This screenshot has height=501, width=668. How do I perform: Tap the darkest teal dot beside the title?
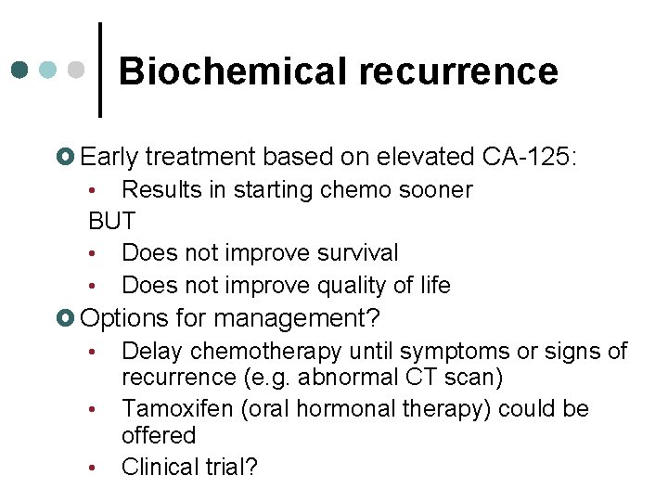point(19,71)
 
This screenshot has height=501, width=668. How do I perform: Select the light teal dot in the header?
point(49,71)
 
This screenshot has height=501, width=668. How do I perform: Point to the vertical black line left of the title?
point(100,71)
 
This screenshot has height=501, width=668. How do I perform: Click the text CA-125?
point(529,155)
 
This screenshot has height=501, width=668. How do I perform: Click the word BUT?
point(111,222)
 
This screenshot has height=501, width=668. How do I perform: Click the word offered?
point(159,435)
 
